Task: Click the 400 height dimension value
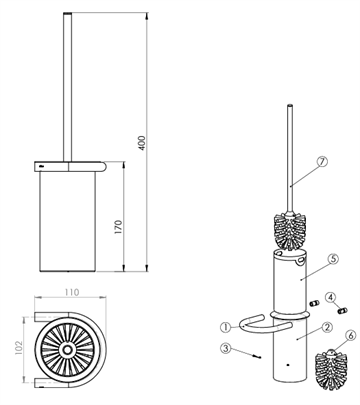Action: tap(142, 143)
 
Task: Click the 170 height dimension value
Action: tap(118, 227)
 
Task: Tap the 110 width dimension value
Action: tap(72, 292)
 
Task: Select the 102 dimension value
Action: tap(18, 347)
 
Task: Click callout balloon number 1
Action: tap(226, 327)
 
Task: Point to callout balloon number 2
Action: tap(328, 327)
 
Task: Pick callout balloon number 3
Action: tap(226, 349)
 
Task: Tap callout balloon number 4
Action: tap(330, 297)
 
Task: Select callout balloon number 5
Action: tap(333, 258)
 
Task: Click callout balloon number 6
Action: tap(350, 336)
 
